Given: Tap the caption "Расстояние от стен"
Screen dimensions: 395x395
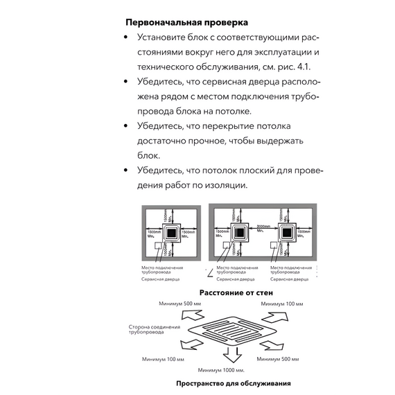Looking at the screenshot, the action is (x=236, y=292).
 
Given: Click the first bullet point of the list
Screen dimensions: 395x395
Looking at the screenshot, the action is (x=126, y=37).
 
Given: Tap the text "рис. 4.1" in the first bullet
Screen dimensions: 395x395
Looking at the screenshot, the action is (x=294, y=67).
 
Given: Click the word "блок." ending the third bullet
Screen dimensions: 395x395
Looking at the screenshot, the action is (x=149, y=156).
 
